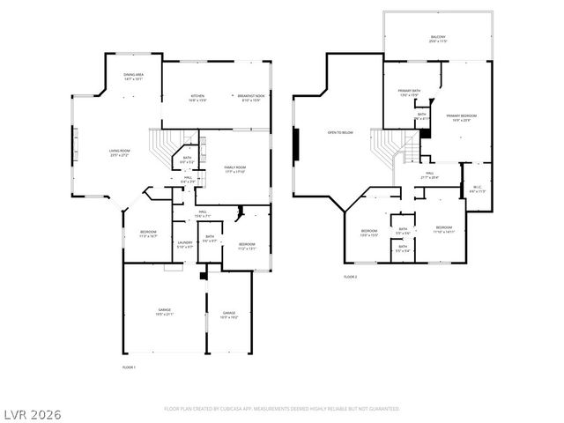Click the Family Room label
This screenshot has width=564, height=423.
[x=234, y=168]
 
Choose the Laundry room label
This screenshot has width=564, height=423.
[x=184, y=244]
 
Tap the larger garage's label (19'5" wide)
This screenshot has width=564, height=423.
[x=165, y=312]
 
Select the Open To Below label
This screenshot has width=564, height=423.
[x=340, y=132]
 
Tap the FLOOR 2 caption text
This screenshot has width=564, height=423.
[x=352, y=277]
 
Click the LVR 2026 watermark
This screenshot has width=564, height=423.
[x=32, y=412]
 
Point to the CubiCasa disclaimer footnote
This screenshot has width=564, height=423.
[x=282, y=409]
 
